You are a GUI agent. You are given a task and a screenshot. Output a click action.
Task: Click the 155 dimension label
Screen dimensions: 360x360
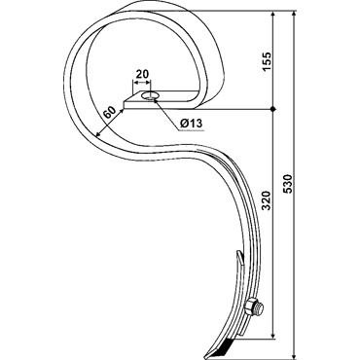pyautogui.click(x=267, y=62)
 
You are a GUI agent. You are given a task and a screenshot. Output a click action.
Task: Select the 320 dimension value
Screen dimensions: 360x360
pyautogui.click(x=266, y=200)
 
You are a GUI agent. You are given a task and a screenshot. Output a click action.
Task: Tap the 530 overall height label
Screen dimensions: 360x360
pyautogui.click(x=288, y=184)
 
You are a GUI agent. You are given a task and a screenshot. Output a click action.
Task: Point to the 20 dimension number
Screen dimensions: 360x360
pyautogui.click(x=142, y=74)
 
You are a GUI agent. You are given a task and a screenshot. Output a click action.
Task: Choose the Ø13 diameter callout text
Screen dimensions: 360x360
pyautogui.click(x=192, y=124)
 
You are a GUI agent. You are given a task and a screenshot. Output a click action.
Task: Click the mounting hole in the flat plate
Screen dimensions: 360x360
pyautogui.click(x=150, y=96)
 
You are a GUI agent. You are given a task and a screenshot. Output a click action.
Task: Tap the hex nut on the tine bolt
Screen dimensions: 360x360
pyautogui.click(x=251, y=307)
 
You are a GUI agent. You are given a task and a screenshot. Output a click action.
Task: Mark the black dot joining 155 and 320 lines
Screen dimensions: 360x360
pyautogui.click(x=273, y=109)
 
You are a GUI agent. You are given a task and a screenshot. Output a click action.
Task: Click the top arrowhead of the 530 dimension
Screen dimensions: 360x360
pyautogui.click(x=294, y=15)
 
